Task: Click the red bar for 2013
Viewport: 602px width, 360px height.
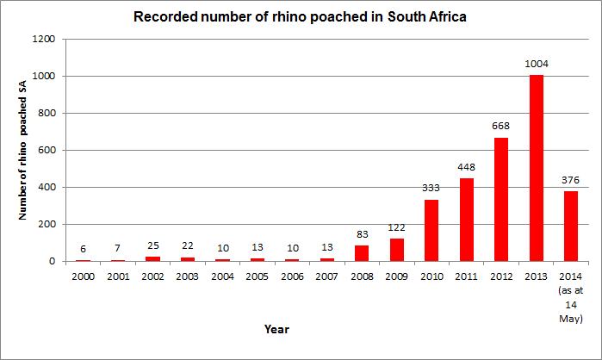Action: click(537, 168)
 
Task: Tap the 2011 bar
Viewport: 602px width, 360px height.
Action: click(466, 220)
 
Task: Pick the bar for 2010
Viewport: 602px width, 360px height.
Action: click(431, 230)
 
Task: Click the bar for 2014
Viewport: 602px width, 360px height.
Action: click(571, 226)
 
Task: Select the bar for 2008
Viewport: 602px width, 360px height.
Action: click(361, 253)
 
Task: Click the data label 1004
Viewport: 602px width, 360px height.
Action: click(537, 64)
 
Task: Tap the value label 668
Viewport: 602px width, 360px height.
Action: click(500, 126)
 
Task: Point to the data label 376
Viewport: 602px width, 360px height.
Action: click(571, 180)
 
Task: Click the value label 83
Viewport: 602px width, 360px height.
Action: click(361, 234)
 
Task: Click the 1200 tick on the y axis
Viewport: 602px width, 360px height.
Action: click(45, 40)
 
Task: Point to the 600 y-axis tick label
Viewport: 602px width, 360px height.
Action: click(47, 151)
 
